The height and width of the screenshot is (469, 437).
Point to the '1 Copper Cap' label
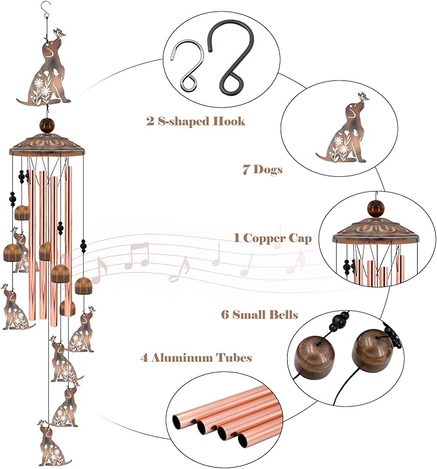pyautogui.click(x=273, y=238)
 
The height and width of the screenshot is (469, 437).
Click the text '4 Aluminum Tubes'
pyautogui.click(x=196, y=358)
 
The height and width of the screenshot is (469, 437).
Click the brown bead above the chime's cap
pyautogui.click(x=47, y=124)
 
